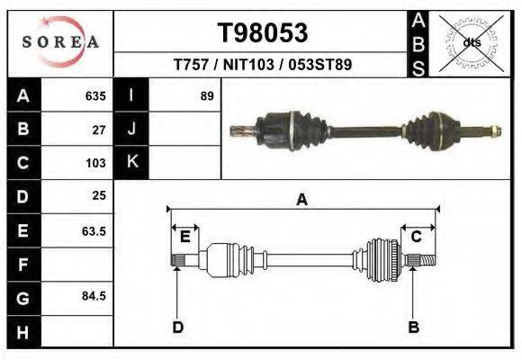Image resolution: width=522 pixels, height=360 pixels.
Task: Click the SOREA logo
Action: tap(60, 42)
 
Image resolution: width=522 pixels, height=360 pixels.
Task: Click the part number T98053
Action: tap(263, 33)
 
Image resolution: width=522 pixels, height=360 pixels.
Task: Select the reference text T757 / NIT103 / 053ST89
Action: tap(263, 65)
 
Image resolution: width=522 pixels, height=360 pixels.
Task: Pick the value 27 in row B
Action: tap(100, 129)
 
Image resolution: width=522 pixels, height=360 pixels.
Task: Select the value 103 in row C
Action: tap(95, 163)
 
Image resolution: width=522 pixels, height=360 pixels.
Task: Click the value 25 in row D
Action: tap(99, 195)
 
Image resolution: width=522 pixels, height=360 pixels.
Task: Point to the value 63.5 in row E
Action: tap(94, 230)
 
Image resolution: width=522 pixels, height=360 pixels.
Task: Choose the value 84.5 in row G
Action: tap(94, 296)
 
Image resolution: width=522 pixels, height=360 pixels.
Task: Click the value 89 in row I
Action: tap(207, 95)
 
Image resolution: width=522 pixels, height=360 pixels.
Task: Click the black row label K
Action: tap(131, 162)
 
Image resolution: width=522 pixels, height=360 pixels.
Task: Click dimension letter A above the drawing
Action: tap(302, 200)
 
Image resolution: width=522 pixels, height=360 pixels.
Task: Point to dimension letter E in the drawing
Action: tap(184, 237)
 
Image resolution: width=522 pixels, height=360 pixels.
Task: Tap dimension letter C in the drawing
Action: tap(417, 237)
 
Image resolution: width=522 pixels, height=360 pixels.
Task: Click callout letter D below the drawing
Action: tap(178, 328)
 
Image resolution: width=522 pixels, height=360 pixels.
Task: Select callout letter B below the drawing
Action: tap(414, 328)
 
